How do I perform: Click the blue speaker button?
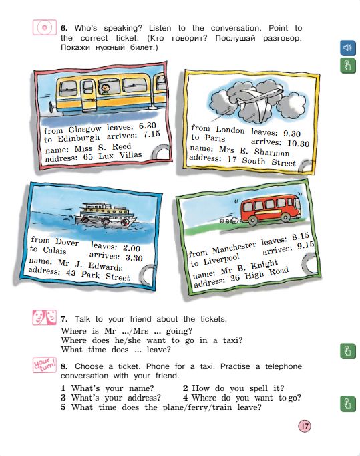[348, 47]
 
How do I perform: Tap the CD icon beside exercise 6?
[45, 27]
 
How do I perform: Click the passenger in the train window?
[105, 89]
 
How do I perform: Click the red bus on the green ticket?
[271, 209]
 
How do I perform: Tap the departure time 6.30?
[148, 126]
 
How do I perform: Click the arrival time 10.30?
[298, 143]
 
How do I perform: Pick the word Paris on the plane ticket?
[214, 138]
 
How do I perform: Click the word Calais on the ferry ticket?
[55, 250]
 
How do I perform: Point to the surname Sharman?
[272, 152]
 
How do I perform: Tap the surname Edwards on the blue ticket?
[105, 266]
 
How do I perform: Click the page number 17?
[305, 426]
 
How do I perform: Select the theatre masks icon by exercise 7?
[45, 317]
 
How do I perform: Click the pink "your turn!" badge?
[45, 365]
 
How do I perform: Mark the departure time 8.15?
[301, 236]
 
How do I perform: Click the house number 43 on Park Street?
[71, 273]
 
